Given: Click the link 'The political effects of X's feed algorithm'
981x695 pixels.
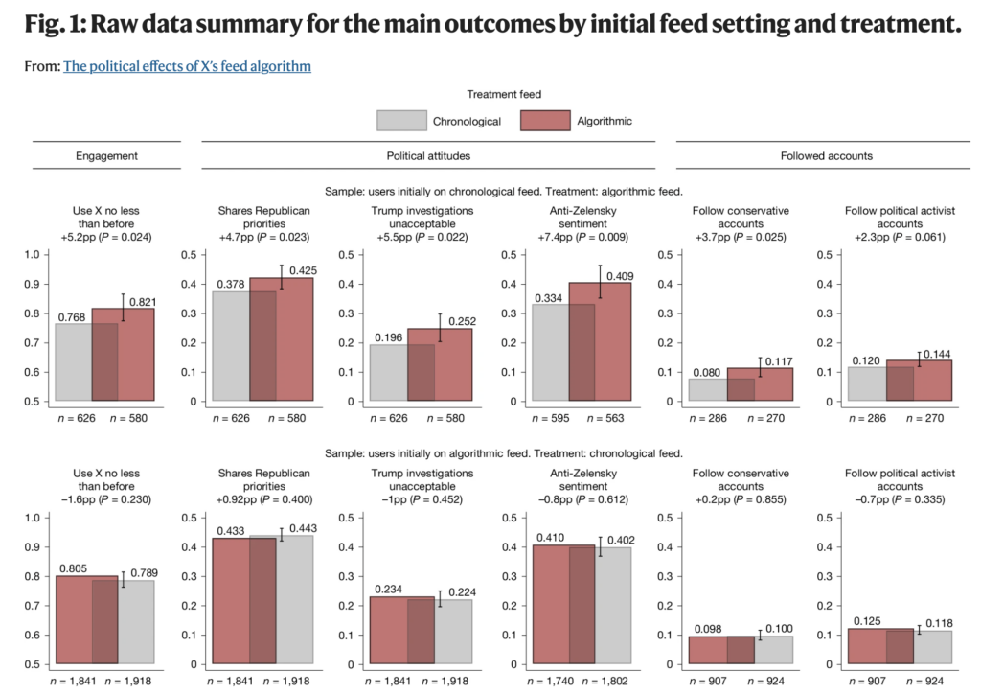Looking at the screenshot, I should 187,66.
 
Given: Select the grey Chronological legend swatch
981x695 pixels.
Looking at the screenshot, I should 400,121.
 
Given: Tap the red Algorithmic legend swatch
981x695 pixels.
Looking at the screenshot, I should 545,121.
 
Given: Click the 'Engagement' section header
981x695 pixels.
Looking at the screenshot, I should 106,155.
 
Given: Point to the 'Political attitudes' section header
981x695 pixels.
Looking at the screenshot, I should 427,155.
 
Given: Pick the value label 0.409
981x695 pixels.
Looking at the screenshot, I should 618,277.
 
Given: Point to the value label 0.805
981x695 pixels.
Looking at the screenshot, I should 74,568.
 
